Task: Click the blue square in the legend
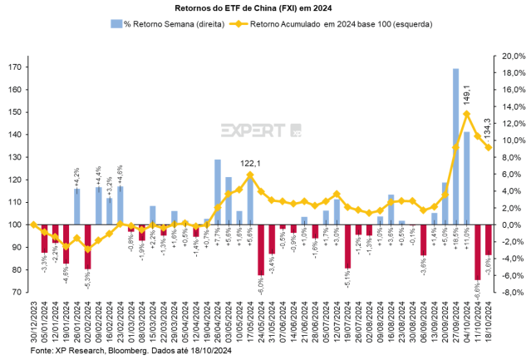coord(115,24)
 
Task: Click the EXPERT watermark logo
coord(260,130)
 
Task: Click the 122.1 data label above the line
coord(250,163)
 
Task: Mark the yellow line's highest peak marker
coord(466,113)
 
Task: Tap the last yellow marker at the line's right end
coord(488,148)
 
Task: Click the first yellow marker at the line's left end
coord(33,224)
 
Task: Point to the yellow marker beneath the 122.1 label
coord(249,175)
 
